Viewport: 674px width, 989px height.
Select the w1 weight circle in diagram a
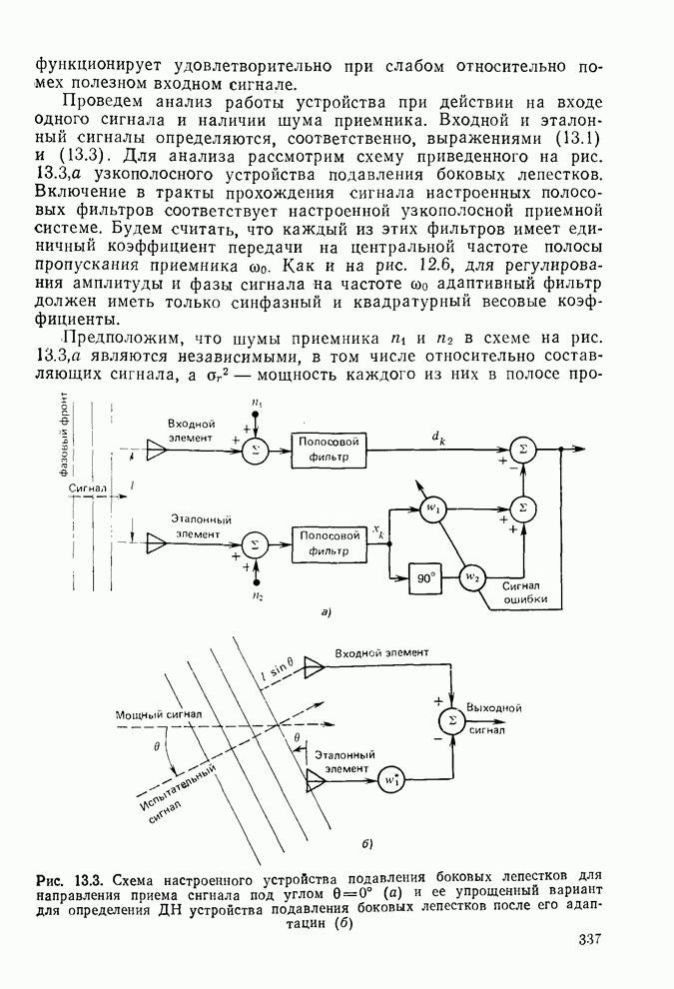[x=431, y=508]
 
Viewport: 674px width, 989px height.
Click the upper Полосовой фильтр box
[x=330, y=451]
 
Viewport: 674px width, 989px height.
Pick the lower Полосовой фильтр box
[x=329, y=542]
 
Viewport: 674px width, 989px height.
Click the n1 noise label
[x=258, y=403]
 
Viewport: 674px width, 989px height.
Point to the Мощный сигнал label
[x=158, y=715]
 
